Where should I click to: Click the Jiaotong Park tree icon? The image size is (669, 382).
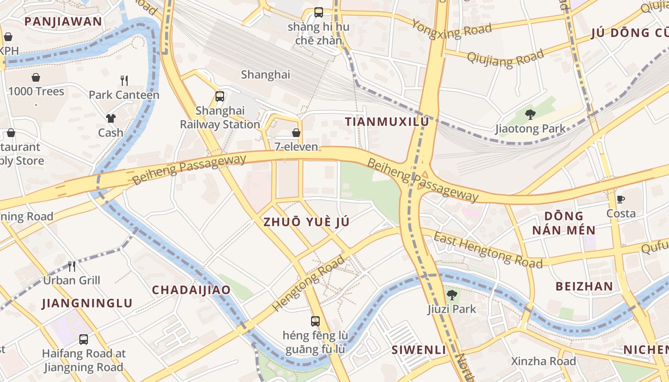[x=530, y=114]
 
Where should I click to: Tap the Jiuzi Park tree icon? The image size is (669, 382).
[x=452, y=295]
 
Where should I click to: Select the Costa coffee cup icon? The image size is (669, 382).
[x=621, y=199]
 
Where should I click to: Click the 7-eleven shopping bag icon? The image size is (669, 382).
[x=296, y=133]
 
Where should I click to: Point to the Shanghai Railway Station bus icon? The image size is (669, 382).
[x=220, y=96]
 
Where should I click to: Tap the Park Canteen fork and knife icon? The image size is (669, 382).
[x=124, y=80]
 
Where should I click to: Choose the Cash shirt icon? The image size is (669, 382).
[x=111, y=118]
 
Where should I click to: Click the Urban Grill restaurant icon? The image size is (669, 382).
[x=72, y=266]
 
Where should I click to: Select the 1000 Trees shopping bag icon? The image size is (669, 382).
[x=36, y=77]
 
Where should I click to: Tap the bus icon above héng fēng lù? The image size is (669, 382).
[x=315, y=321]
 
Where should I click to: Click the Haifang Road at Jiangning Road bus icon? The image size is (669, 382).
[x=84, y=340]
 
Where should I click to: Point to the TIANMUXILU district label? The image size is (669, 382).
[x=387, y=122]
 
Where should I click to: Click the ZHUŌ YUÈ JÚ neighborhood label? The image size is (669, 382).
[x=306, y=222]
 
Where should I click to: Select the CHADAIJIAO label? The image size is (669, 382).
[x=191, y=290]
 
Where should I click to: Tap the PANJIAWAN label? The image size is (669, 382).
[x=63, y=21]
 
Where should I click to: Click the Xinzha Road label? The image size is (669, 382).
[x=543, y=361]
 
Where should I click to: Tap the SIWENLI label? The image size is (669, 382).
[x=419, y=350]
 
